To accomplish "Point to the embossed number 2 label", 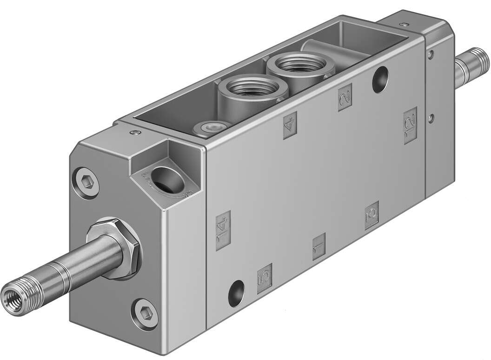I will coord(345,97).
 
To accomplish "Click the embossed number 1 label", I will coord(318,247).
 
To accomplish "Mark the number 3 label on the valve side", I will coord(372,216).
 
